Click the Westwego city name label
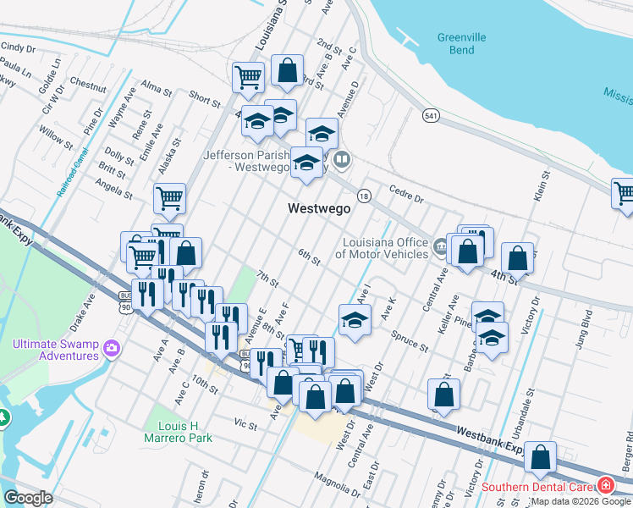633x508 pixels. [x=319, y=208]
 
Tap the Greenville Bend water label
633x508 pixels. [x=461, y=43]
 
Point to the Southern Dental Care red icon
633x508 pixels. [x=606, y=486]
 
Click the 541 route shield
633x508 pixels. [x=432, y=115]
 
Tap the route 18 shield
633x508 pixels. [x=363, y=195]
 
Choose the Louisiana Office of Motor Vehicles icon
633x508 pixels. [x=440, y=248]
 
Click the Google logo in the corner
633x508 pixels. [x=28, y=498]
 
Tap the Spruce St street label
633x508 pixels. [x=410, y=341]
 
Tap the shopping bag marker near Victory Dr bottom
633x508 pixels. [x=540, y=457]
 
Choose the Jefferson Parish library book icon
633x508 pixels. [x=343, y=158]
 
